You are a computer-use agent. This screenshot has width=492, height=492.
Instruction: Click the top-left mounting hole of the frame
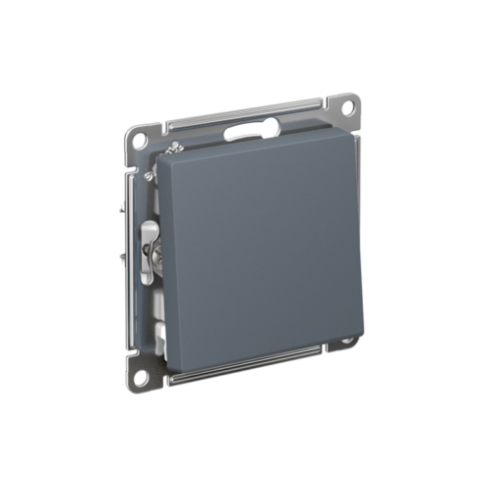(x=140, y=140)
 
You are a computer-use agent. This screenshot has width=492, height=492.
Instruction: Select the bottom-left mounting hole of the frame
(x=141, y=375)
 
